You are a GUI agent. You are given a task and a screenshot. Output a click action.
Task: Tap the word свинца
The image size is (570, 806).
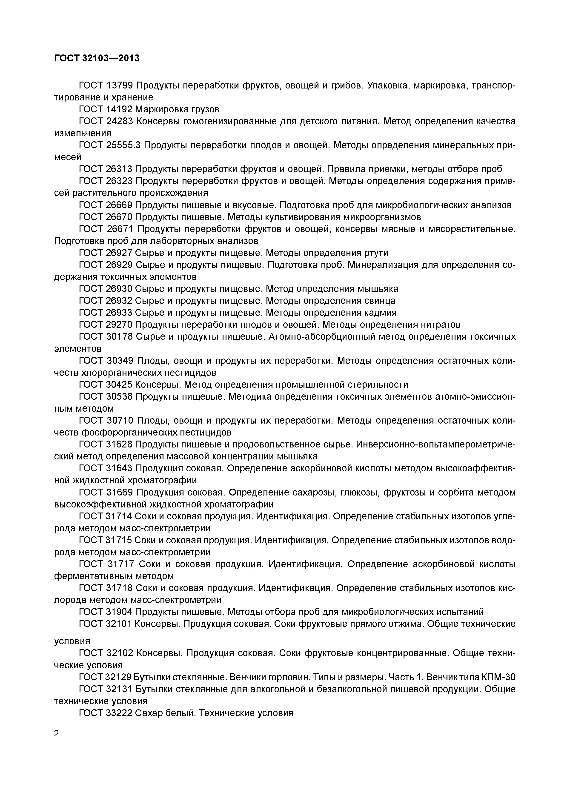pos(381,301)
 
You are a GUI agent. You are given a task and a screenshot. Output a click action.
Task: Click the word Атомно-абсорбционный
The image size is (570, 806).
pos(326,337)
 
